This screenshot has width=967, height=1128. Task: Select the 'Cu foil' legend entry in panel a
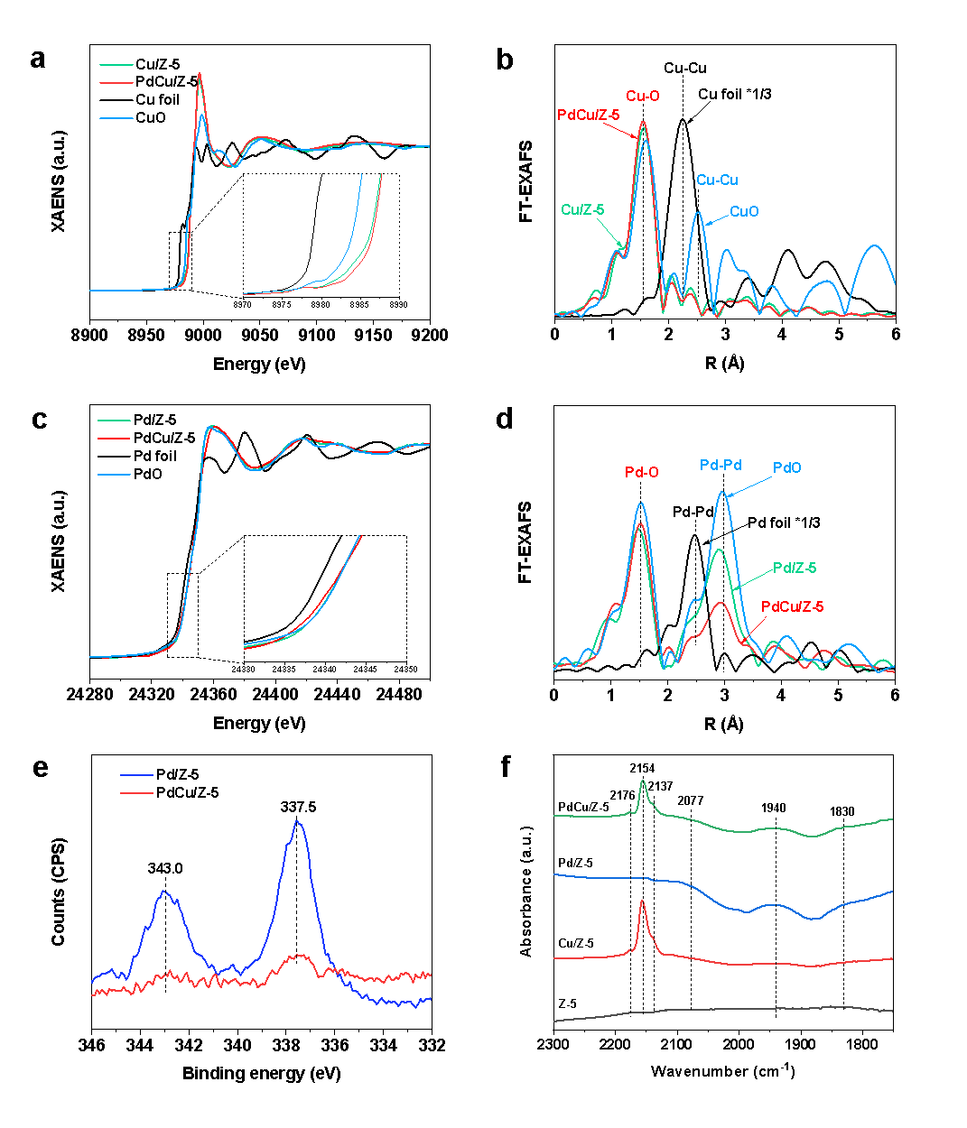click(157, 99)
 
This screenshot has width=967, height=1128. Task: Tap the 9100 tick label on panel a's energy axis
click(316, 336)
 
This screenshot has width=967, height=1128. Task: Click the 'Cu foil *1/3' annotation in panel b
click(734, 94)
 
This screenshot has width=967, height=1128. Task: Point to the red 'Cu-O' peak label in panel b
click(642, 95)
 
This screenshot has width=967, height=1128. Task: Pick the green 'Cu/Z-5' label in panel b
click(582, 209)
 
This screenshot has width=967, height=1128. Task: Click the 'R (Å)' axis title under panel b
click(724, 363)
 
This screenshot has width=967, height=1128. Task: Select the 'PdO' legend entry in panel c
click(148, 474)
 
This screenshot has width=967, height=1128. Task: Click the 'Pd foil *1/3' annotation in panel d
click(783, 522)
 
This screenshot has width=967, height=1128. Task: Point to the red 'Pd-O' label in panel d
click(641, 472)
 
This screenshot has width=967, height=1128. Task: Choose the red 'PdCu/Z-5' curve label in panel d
click(792, 606)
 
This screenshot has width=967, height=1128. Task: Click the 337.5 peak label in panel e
click(298, 806)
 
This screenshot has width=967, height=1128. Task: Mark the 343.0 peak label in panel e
click(165, 868)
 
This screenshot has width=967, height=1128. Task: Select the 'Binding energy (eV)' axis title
click(261, 1073)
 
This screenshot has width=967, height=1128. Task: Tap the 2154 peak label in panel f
click(642, 768)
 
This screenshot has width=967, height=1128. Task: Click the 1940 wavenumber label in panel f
click(773, 808)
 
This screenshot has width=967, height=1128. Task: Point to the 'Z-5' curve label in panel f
click(568, 1003)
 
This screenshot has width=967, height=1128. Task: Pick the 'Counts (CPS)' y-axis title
click(59, 892)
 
